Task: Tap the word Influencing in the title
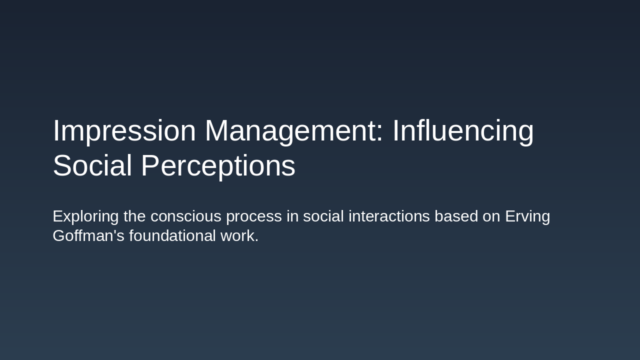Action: (x=462, y=131)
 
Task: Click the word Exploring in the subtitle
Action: (x=85, y=216)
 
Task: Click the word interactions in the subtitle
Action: (x=389, y=216)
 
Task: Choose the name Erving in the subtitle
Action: (x=527, y=216)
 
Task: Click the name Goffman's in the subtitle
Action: (x=88, y=236)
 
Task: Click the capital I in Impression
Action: (x=55, y=131)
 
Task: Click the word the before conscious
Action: (x=134, y=216)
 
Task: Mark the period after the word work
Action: (x=256, y=241)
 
